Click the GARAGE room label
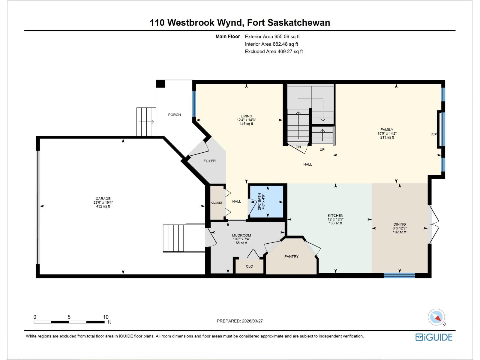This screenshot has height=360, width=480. [x=103, y=199]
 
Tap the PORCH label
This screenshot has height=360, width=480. [x=174, y=115]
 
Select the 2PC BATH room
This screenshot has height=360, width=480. [x=267, y=201]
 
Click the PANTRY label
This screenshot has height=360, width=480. [x=291, y=256]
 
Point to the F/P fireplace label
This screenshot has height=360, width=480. [x=434, y=134]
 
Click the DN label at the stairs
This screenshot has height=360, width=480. [x=298, y=147]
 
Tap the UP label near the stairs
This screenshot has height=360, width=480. [x=322, y=149]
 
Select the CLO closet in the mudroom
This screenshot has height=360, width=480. [x=249, y=266]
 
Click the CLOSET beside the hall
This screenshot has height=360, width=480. [x=217, y=202]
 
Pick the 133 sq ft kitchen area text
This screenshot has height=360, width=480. [x=335, y=223]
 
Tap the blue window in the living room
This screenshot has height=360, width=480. [x=194, y=104]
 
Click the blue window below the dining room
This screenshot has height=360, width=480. [x=399, y=275]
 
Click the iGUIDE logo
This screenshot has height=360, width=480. [x=434, y=337]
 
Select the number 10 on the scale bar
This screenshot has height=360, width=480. [x=106, y=317]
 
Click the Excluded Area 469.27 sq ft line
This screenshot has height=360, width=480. [x=274, y=51]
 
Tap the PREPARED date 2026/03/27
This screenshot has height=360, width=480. [x=240, y=321]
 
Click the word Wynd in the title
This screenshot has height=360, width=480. [x=230, y=22]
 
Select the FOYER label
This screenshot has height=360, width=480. [x=209, y=161]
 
